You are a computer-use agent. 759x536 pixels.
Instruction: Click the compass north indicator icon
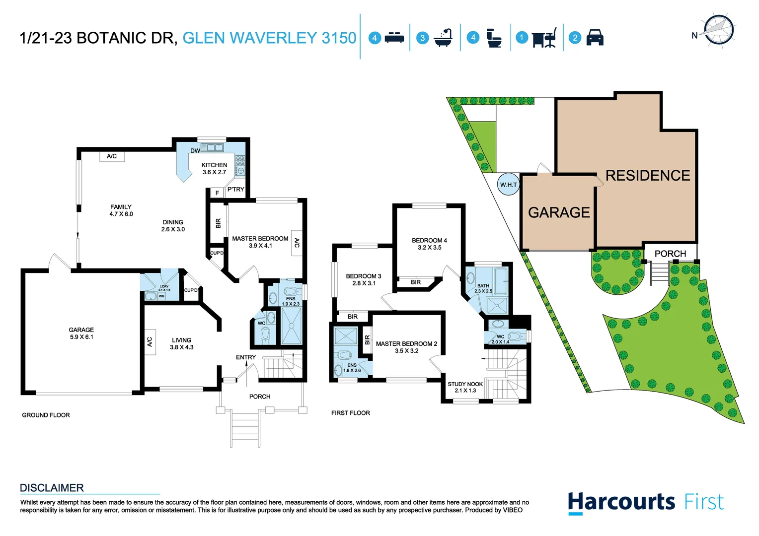pos(718,30)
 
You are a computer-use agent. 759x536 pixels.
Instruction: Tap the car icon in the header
pos(595,38)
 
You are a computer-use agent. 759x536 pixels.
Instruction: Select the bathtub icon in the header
pos(443,38)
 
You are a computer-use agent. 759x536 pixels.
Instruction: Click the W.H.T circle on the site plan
pos(508,185)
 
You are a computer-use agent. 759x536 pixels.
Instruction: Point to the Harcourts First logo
pos(645,502)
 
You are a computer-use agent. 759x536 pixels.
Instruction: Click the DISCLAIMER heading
pos(52,488)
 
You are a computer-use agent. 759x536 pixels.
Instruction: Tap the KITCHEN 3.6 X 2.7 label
pos(214,169)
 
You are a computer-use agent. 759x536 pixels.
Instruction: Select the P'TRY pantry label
pos(236,190)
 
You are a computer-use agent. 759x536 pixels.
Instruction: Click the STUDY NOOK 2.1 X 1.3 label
pos(465,387)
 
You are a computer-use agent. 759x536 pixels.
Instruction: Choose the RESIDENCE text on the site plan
pos(647,176)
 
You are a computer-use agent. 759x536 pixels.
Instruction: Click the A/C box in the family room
pos(112,156)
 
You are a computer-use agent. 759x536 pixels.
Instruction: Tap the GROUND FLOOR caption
pos(46,415)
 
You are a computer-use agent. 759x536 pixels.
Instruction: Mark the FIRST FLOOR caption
pos(350,413)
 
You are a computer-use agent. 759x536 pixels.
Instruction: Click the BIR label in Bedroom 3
pos(352,317)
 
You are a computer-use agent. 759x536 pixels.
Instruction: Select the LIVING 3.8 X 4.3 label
pos(181,343)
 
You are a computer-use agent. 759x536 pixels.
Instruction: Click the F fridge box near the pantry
pos(217,193)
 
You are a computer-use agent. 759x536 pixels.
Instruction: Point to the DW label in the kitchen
pos(195,151)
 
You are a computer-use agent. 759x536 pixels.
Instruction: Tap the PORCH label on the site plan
pos(670,254)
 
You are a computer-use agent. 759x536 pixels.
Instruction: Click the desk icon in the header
pos(543,38)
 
